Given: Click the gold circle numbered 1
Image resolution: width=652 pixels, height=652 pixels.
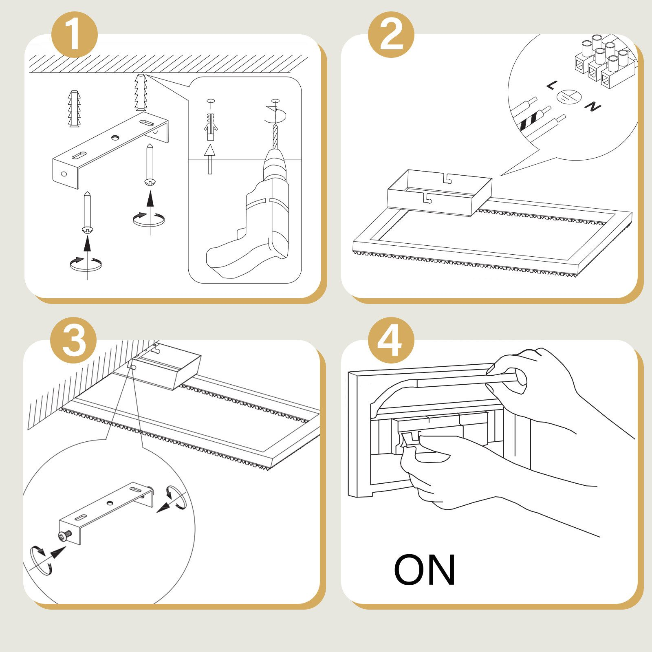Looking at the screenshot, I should [75, 35].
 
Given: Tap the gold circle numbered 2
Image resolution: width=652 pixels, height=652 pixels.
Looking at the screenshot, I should [391, 35].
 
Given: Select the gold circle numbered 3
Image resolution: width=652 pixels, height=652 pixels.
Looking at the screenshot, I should [74, 340].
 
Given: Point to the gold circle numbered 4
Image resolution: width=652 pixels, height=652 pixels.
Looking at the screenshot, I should [391, 340].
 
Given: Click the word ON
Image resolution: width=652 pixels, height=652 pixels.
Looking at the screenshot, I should [424, 570].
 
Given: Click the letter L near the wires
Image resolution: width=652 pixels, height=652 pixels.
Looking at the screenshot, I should [551, 85].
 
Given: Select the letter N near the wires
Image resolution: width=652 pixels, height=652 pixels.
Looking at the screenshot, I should [593, 107].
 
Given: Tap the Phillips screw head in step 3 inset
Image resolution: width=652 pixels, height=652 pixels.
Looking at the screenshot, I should [63, 536].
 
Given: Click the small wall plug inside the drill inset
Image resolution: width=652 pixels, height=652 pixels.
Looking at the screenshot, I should [210, 126].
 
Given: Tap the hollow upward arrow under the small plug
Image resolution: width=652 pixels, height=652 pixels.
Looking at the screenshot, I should [210, 157].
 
